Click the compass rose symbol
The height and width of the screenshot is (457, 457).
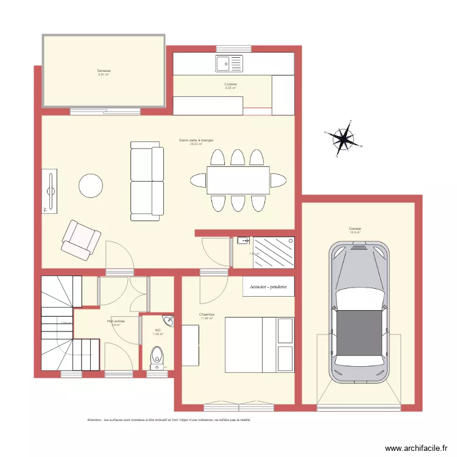click(x=344, y=138)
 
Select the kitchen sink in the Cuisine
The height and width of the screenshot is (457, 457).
click(x=229, y=62)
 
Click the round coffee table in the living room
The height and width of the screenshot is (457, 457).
click(x=91, y=186)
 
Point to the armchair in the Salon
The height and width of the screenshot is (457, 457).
click(x=80, y=238)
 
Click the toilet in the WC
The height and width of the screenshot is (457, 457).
click(x=157, y=357)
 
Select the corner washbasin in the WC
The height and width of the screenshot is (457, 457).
click(x=168, y=322)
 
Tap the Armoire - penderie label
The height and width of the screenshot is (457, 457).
click(x=268, y=286)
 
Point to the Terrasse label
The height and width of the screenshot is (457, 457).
click(x=103, y=71)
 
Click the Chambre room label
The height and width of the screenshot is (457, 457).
click(x=207, y=315)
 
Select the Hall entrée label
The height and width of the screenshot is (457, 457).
click(x=115, y=321)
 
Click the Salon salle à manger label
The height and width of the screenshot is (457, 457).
click(x=196, y=140)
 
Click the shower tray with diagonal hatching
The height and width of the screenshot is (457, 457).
click(x=274, y=252)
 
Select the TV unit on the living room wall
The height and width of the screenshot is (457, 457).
click(x=51, y=191)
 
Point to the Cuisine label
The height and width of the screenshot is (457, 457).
click(x=230, y=84)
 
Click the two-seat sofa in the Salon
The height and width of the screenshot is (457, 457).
click(x=147, y=181)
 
